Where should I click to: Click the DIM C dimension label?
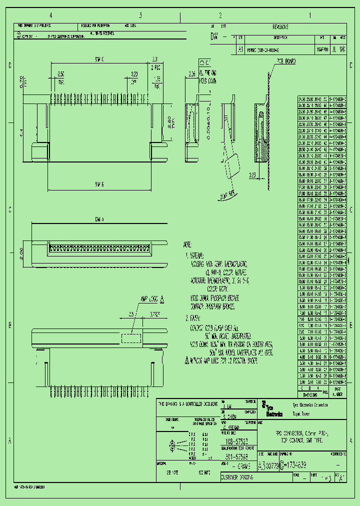tap(98, 60)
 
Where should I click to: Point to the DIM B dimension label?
tap(98, 185)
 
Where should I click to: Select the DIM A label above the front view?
tap(98, 219)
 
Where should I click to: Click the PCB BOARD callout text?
tap(284, 61)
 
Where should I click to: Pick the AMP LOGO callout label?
tap(149, 299)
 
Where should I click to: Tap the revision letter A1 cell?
tap(240, 51)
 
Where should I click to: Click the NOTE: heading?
tap(187, 245)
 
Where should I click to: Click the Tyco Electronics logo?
tap(272, 409)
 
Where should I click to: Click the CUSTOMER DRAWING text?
tap(237, 478)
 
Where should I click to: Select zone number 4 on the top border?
tap(50, 15)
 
